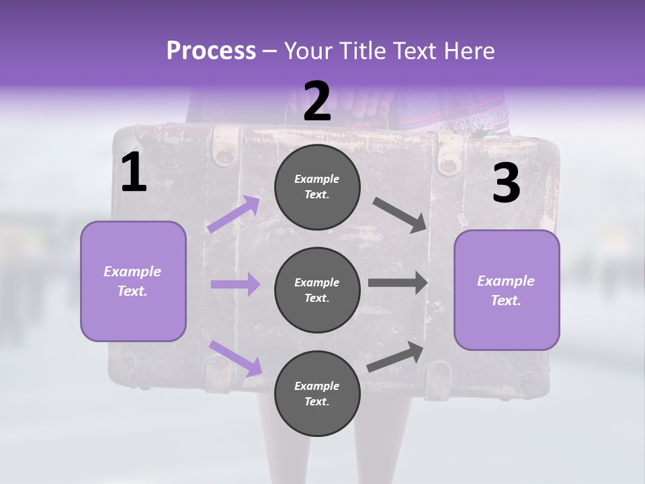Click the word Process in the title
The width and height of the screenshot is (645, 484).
211,51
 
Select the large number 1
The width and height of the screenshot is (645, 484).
134,171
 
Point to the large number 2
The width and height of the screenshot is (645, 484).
316,101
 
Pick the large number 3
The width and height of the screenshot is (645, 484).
507,182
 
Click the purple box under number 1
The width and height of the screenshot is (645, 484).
133,282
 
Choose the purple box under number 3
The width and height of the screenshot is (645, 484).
507,290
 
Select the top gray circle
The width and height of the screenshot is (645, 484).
317,187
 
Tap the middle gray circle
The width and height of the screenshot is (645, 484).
317,290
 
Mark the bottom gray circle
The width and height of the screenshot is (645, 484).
317,393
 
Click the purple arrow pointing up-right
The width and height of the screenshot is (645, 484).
233,214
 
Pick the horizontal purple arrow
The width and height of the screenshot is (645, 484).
236,284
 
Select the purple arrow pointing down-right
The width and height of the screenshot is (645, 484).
236,358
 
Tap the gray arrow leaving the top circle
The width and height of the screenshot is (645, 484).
399,215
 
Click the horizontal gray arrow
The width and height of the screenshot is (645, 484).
398,283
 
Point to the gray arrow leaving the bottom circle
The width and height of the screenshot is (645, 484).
395,357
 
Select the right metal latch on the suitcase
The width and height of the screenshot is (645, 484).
449,157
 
